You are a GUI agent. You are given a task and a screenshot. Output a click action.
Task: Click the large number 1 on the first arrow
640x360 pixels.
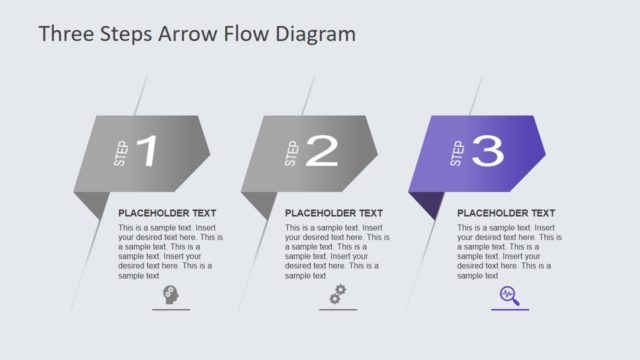point(146,152)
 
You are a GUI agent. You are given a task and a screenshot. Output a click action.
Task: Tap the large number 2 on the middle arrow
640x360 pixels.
point(322,151)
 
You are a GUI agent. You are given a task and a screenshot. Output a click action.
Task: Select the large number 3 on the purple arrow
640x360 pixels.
point(487,151)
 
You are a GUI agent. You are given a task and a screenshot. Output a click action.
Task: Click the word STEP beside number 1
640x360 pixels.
point(121,154)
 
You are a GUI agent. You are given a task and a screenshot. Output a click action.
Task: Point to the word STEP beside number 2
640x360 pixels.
point(292,154)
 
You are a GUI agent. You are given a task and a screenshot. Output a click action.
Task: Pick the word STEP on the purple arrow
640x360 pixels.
point(458,154)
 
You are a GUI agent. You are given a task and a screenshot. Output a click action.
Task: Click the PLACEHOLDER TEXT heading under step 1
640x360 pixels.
point(167,213)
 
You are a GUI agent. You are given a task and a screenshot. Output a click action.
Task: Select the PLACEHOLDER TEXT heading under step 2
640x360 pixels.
point(334,213)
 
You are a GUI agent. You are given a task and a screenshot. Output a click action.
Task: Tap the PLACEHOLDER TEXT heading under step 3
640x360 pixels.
point(506,213)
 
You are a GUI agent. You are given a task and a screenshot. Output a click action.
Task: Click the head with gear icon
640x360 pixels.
point(171,295)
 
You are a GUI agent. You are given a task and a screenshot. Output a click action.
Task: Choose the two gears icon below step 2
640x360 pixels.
point(338,295)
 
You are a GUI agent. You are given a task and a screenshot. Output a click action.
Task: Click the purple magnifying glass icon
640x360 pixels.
point(510,295)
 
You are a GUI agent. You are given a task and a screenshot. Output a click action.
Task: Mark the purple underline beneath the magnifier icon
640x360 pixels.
point(510,310)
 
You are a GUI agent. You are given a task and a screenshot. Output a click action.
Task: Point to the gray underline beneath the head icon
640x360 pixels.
point(171,310)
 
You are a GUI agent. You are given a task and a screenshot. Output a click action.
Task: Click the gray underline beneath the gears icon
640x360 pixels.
point(338,310)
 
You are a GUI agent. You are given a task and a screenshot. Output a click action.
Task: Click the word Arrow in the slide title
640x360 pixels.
point(190,34)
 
